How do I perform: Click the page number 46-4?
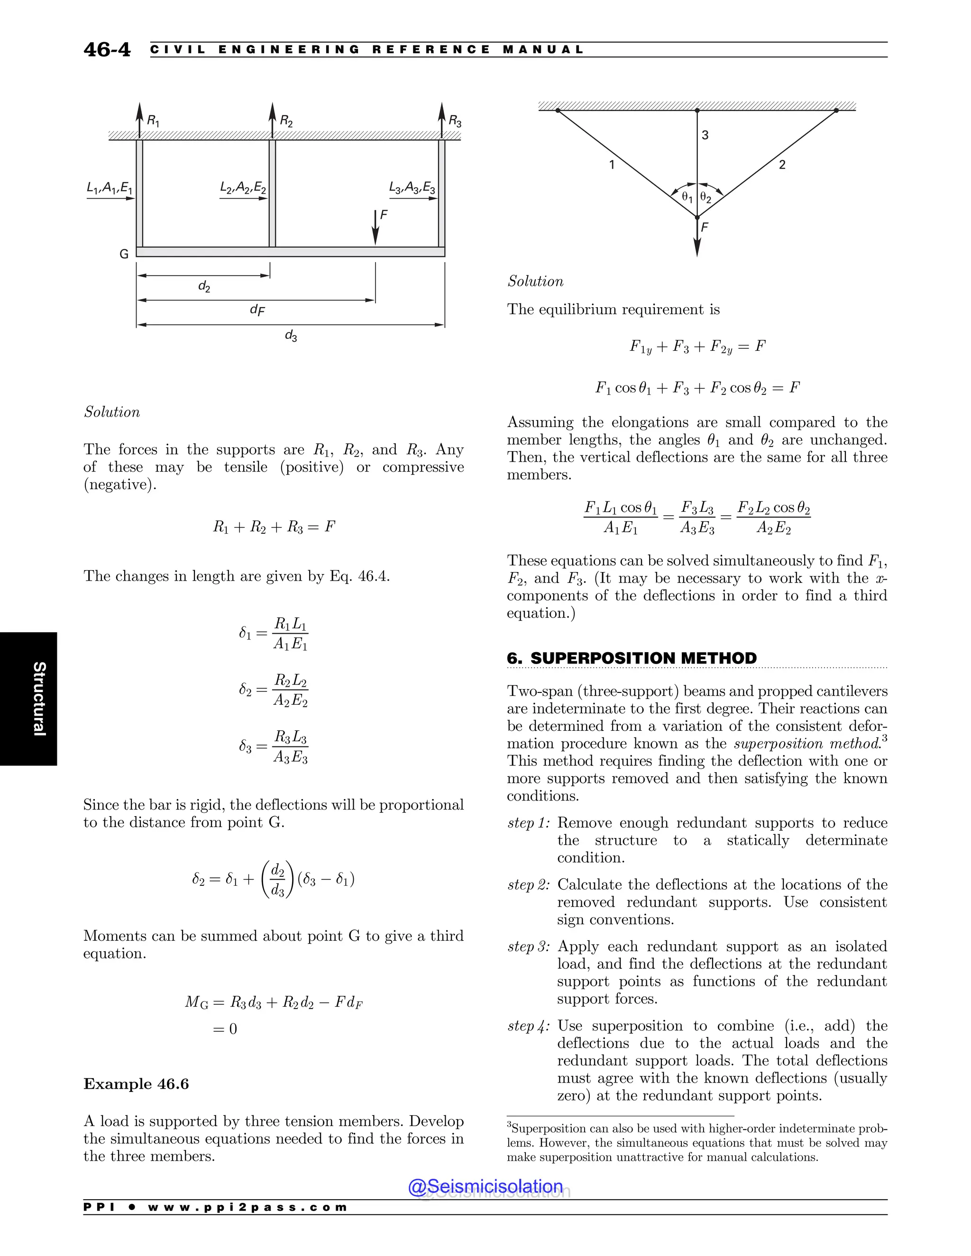click(x=107, y=50)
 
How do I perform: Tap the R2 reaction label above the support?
click(x=286, y=121)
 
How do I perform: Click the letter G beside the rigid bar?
click(x=124, y=254)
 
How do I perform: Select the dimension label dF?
click(x=257, y=310)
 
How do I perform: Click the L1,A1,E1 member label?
click(x=110, y=188)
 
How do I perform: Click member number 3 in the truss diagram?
click(x=705, y=135)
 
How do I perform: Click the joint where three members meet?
click(x=697, y=218)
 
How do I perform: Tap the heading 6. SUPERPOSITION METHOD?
click(x=632, y=658)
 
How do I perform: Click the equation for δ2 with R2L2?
click(x=274, y=690)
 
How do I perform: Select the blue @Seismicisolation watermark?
click(x=485, y=1186)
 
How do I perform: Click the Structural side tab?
click(x=38, y=699)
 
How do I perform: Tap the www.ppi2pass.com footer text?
click(x=247, y=1207)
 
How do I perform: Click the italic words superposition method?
click(x=806, y=744)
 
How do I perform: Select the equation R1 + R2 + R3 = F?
click(x=274, y=527)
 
